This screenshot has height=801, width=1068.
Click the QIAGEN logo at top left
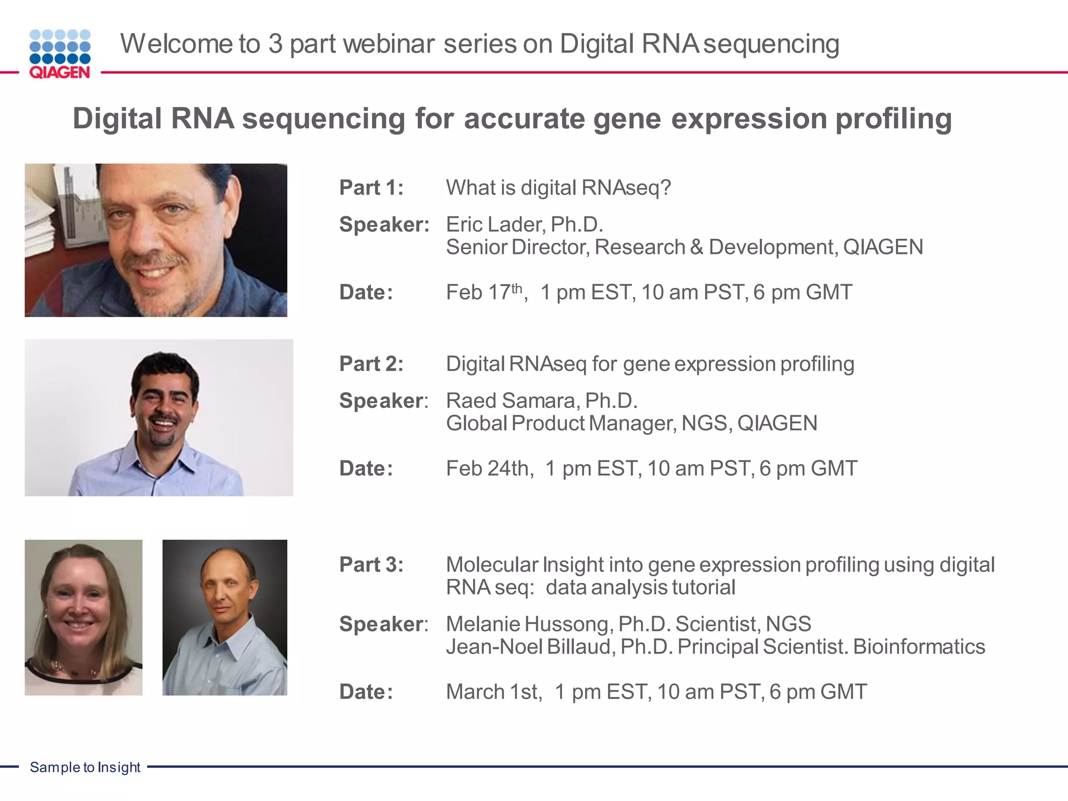coord(60,54)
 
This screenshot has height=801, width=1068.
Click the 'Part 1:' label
coord(371,188)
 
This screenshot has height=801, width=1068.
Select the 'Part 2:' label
coord(371,364)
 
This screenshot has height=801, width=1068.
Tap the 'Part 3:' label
coord(371,565)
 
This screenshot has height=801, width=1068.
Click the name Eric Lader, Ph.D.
coord(524,225)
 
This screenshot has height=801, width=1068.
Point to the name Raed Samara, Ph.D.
coord(541,401)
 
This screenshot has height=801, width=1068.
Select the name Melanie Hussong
coord(529,624)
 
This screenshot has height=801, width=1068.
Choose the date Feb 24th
coord(489,469)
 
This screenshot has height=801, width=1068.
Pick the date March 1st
coord(493,692)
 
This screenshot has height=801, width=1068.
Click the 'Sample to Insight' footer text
coord(85,767)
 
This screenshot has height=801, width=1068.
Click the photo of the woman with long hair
coord(83,617)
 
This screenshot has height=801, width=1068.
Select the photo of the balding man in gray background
coord(225,617)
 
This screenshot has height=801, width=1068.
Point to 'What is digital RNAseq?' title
coord(558,188)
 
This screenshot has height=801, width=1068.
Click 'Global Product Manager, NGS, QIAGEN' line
coord(631,423)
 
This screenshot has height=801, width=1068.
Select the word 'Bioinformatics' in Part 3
coord(919,647)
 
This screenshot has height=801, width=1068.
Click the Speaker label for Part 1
coord(384,225)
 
